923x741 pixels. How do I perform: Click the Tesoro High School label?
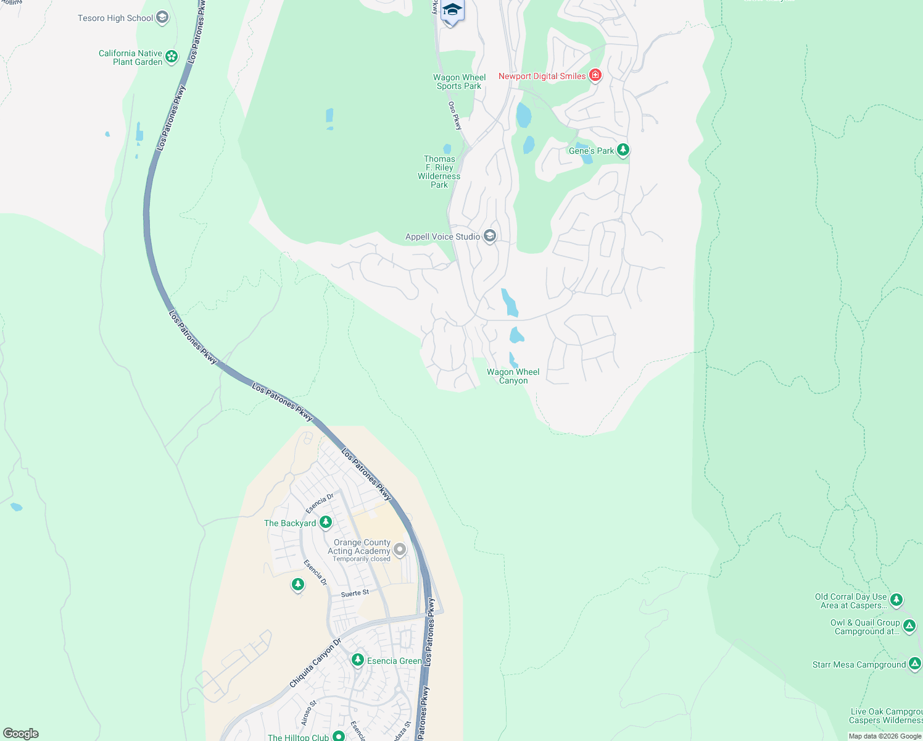[x=115, y=18]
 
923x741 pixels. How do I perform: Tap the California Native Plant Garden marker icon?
[x=172, y=57]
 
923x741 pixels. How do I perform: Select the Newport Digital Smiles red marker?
[x=595, y=75]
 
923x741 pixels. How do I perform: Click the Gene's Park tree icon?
[x=623, y=150]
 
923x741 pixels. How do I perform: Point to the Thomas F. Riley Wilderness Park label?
[x=439, y=172]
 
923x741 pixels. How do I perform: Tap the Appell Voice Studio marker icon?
[x=490, y=236]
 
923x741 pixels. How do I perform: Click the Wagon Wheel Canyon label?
[x=513, y=376]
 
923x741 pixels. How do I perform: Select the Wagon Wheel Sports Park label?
[x=460, y=82]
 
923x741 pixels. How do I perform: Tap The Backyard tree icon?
[x=325, y=522]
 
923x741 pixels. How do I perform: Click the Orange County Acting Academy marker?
[x=400, y=548]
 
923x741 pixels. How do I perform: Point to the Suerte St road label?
[x=355, y=593]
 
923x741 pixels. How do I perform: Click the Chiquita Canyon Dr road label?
[x=315, y=663]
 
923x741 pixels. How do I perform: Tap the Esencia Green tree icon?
[x=357, y=660]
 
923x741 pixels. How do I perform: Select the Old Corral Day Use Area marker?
[x=896, y=599]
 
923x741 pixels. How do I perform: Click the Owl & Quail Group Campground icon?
[x=909, y=626]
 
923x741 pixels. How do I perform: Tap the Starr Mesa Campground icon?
[x=915, y=664]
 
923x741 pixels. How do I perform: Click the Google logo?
[x=20, y=733]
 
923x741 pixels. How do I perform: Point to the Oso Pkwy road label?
[x=455, y=115]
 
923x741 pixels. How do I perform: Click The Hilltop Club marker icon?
[x=338, y=737]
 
